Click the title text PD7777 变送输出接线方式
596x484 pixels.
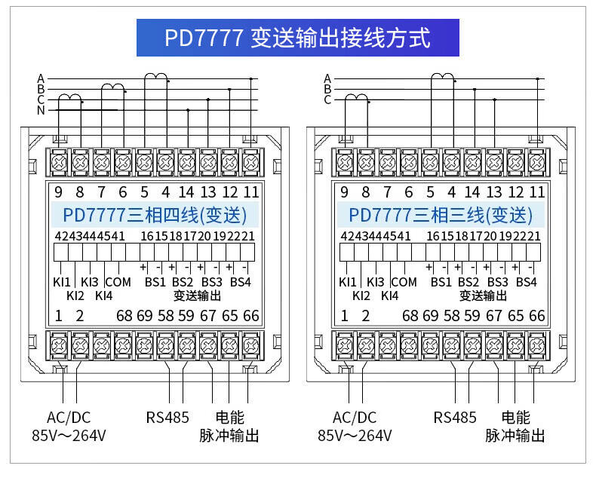pyautogui.click(x=297, y=38)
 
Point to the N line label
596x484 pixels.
pyautogui.click(x=41, y=111)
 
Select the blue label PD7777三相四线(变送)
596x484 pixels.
pyautogui.click(x=154, y=216)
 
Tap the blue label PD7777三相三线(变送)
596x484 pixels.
pyautogui.click(x=441, y=216)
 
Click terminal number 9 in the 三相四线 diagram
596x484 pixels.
pyautogui.click(x=58, y=192)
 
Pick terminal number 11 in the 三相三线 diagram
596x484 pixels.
pyautogui.click(x=536, y=192)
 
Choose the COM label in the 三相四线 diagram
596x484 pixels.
pyautogui.click(x=118, y=283)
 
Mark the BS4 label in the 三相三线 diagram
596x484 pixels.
pyautogui.click(x=527, y=283)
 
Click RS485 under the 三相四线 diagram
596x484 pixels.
pyautogui.click(x=167, y=417)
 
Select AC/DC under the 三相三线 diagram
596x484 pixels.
pyautogui.click(x=354, y=417)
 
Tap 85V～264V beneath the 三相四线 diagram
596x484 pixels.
pyautogui.click(x=69, y=436)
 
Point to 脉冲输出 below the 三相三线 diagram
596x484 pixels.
pyautogui.click(x=515, y=436)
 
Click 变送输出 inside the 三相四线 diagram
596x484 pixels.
pyautogui.click(x=198, y=296)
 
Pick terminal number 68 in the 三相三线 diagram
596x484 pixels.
pyautogui.click(x=410, y=315)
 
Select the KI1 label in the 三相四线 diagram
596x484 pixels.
pyautogui.click(x=60, y=283)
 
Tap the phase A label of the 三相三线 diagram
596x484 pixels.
pyautogui.click(x=327, y=78)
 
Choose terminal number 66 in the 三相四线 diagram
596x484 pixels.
pyautogui.click(x=250, y=315)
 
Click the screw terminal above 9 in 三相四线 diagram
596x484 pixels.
pyautogui.click(x=59, y=161)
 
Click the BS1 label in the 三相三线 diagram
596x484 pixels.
pyautogui.click(x=441, y=283)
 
